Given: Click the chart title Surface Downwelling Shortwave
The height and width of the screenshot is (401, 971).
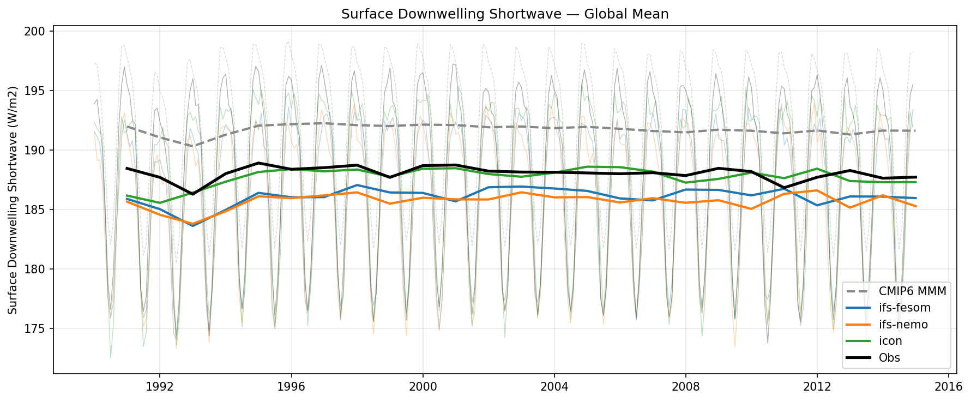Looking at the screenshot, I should (504, 14).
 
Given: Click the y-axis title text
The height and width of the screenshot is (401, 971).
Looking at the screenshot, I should (13, 200).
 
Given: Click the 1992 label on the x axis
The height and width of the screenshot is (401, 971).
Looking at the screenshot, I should (159, 387).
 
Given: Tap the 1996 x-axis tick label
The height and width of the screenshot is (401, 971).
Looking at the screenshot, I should (291, 387).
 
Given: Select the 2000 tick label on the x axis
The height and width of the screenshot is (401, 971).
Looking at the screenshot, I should (423, 387).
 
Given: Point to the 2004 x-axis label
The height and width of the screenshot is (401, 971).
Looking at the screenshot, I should (554, 387).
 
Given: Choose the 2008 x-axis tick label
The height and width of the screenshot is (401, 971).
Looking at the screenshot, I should (685, 387).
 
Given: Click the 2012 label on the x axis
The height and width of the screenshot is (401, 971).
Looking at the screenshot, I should (817, 387).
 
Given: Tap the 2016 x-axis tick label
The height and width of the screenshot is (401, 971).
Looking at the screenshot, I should (948, 387).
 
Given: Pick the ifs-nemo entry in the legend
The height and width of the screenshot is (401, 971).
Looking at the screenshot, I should (903, 325).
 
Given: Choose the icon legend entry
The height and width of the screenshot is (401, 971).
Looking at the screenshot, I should (890, 342).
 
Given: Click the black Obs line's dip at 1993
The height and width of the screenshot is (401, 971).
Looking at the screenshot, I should (192, 194).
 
